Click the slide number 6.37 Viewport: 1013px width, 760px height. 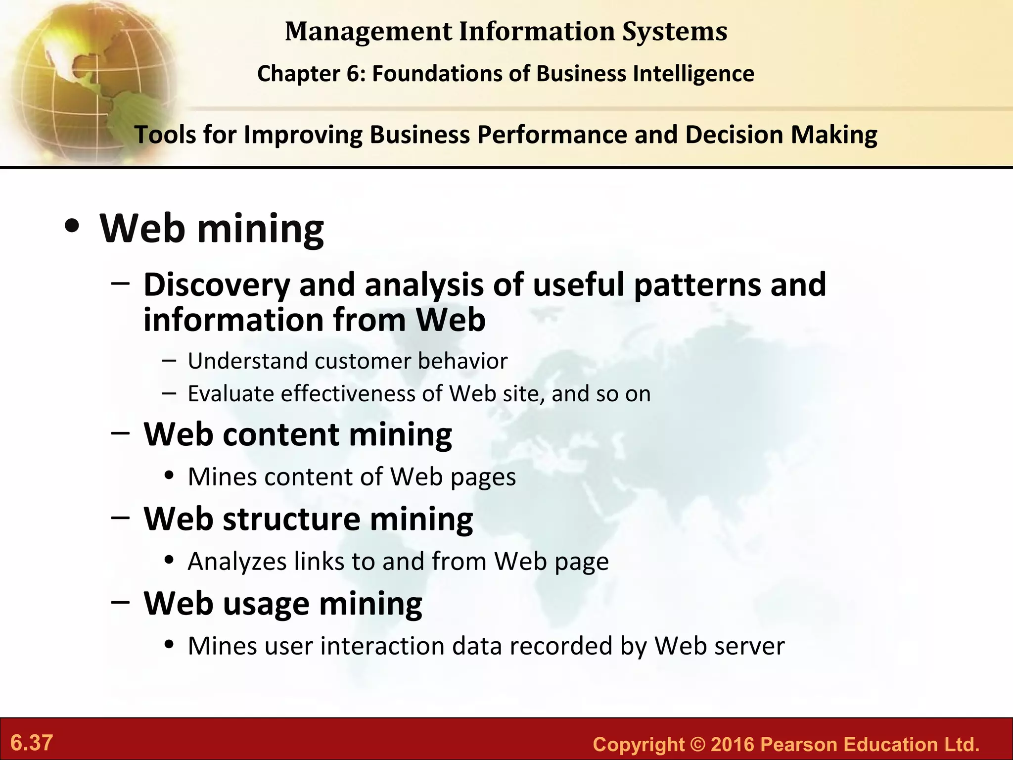(32, 743)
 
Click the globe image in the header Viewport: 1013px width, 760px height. (89, 79)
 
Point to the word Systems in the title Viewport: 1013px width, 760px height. (675, 31)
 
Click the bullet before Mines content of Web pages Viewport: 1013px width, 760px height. (170, 476)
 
